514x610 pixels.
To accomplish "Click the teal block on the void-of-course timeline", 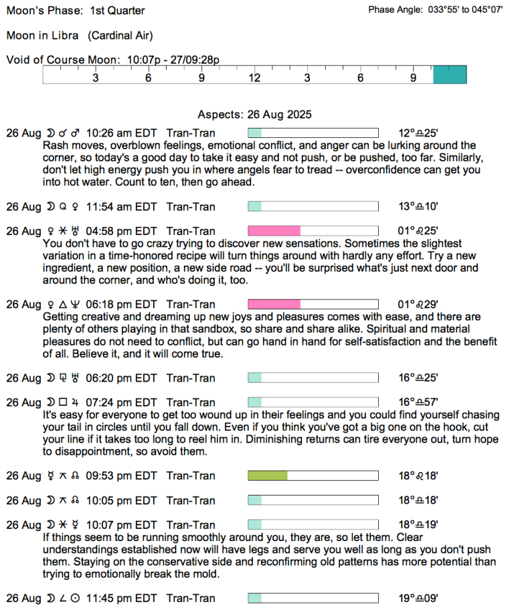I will [450, 75].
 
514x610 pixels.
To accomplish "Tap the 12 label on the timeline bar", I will [254, 78].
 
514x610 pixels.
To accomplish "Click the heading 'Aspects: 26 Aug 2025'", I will [254, 115].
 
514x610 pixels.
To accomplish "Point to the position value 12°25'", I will [418, 133].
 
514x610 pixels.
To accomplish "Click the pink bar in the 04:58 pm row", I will [274, 231].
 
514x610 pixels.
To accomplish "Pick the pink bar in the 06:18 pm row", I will [274, 305].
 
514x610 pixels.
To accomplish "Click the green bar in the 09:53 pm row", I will [268, 476].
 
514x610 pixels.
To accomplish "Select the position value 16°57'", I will [418, 402].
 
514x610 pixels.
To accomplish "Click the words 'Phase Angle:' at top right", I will [396, 10].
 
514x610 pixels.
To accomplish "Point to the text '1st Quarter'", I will [117, 11].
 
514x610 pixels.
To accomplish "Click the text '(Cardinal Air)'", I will [120, 35].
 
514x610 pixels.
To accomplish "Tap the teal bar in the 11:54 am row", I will [254, 207].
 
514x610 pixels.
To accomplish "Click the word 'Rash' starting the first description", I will [54, 145].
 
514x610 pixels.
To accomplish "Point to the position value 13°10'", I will [418, 207].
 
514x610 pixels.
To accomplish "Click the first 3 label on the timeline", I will [96, 78].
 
